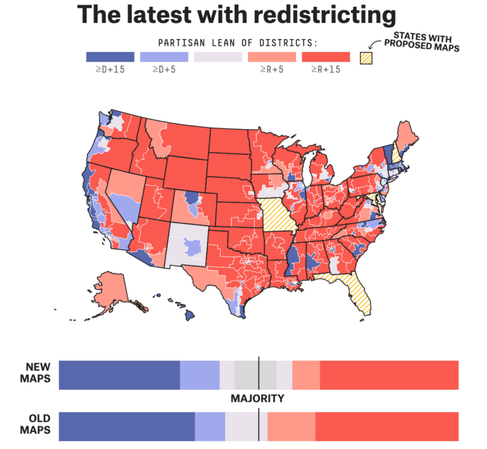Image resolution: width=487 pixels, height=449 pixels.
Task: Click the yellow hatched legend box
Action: pyautogui.click(x=366, y=57)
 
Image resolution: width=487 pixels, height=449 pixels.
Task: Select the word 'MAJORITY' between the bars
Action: pyautogui.click(x=257, y=399)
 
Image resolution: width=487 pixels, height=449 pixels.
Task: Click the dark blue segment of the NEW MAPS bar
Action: pyautogui.click(x=119, y=375)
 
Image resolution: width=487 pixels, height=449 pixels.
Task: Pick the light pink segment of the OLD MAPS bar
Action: pyautogui.click(x=291, y=426)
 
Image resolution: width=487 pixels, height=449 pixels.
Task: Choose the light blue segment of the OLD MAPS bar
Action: pyautogui.click(x=210, y=426)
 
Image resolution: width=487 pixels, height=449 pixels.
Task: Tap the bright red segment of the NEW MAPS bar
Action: pyautogui.click(x=389, y=375)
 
